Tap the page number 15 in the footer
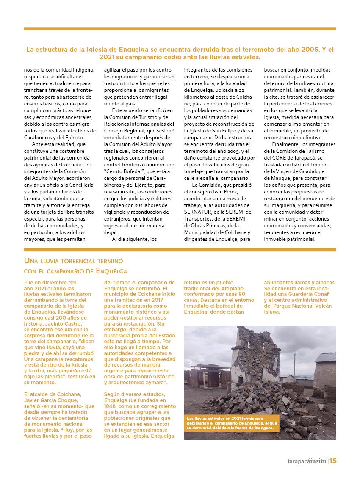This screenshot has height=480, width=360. point(333,461)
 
